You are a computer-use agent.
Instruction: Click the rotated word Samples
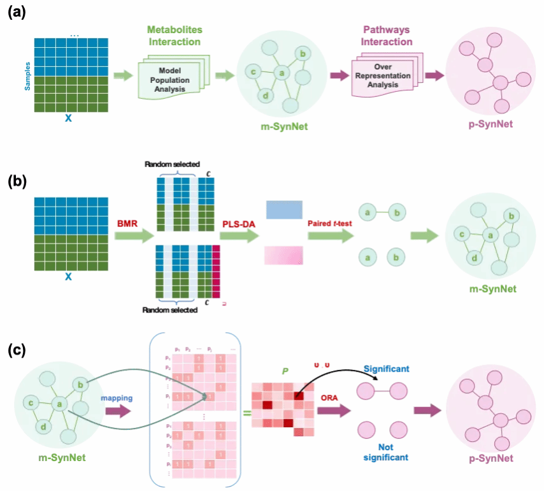[27, 75]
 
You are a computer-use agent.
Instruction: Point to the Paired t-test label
[329, 223]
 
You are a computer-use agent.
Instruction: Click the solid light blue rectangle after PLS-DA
[284, 210]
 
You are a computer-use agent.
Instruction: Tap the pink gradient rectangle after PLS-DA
[284, 255]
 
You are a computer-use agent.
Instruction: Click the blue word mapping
[116, 398]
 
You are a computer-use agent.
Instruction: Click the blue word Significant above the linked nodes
[386, 369]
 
